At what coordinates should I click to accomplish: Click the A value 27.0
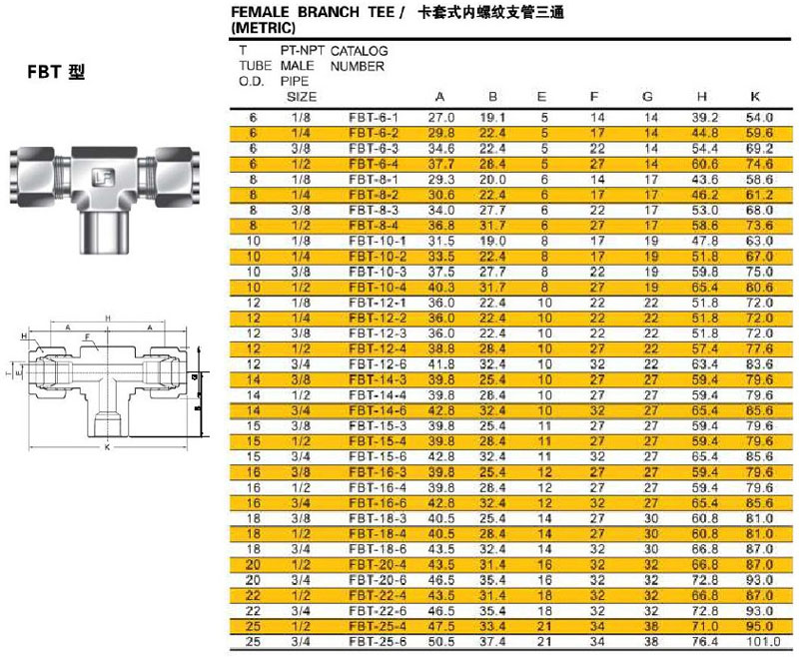click(x=441, y=118)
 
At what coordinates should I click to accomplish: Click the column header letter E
click(x=542, y=98)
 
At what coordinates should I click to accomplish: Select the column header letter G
click(x=647, y=98)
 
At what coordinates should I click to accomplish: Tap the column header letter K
click(x=755, y=98)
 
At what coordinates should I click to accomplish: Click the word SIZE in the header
click(x=302, y=97)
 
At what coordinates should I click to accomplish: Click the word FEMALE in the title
click(x=262, y=13)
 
